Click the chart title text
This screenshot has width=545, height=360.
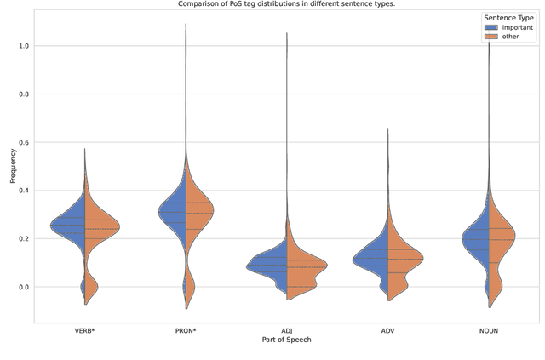point(287,4)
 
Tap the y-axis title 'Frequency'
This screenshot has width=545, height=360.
point(12,168)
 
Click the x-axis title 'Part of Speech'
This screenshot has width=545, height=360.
point(287,340)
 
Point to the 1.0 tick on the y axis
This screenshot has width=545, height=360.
point(24,45)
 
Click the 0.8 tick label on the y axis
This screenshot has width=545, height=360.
point(24,94)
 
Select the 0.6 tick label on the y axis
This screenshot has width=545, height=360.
point(24,142)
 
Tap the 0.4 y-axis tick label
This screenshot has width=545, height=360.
point(24,191)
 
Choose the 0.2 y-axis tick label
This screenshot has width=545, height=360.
point(24,239)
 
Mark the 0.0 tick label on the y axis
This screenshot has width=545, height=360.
point(24,288)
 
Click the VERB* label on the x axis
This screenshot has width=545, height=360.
point(84,330)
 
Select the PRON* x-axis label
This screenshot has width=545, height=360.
point(186,330)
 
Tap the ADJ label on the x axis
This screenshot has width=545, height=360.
point(287,330)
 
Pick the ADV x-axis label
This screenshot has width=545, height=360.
point(388,330)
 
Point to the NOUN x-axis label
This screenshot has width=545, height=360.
point(490,330)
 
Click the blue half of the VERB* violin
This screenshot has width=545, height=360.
point(72,226)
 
